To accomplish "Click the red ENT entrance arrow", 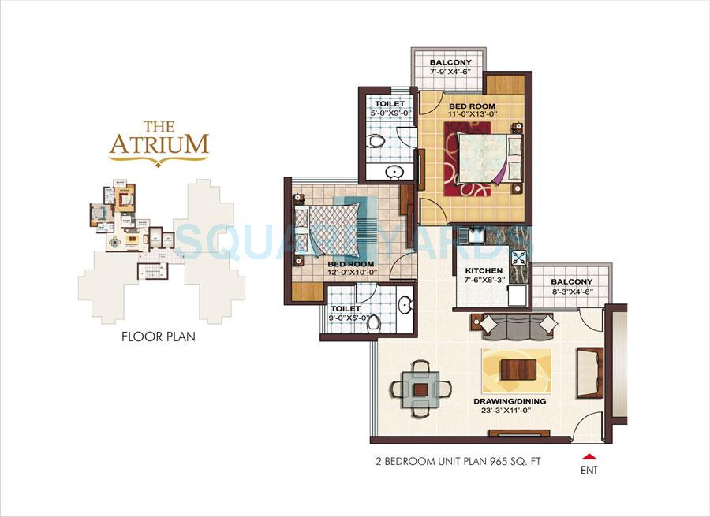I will (586, 456).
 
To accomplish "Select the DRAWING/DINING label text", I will (510, 400).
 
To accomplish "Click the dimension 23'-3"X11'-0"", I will (510, 410).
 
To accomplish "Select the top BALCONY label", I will (450, 62).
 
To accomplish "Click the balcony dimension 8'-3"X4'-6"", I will (572, 292).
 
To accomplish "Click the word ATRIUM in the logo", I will (159, 145).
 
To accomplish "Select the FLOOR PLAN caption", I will (159, 337).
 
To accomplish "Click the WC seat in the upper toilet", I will (379, 144).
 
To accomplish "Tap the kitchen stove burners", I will (518, 256).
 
